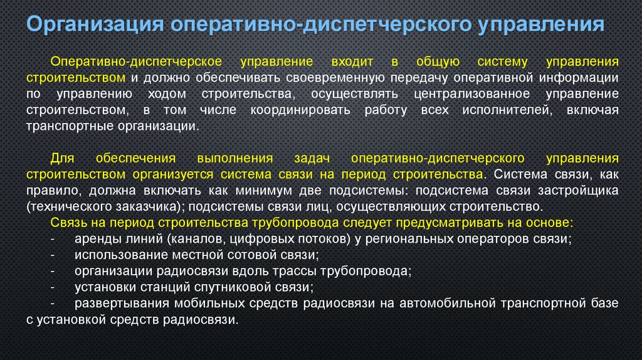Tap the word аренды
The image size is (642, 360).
coord(93,238)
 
